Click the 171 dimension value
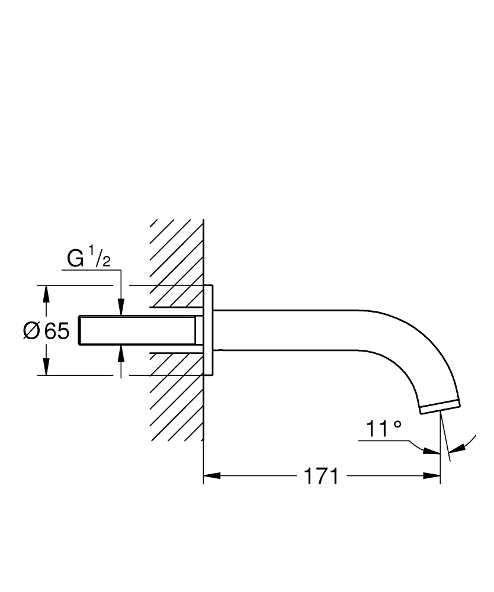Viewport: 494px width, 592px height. coord(322,475)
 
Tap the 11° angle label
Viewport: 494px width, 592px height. coord(384,429)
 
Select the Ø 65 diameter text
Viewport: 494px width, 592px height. coord(46,331)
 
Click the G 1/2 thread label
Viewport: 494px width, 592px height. coord(89,259)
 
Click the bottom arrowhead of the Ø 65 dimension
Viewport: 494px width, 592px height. coord(46,368)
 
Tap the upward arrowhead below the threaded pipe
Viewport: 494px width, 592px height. coord(121,353)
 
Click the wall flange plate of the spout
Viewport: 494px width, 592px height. coord(208,330)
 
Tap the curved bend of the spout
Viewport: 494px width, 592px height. coord(415,349)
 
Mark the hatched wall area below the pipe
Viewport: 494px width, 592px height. coord(175,403)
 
